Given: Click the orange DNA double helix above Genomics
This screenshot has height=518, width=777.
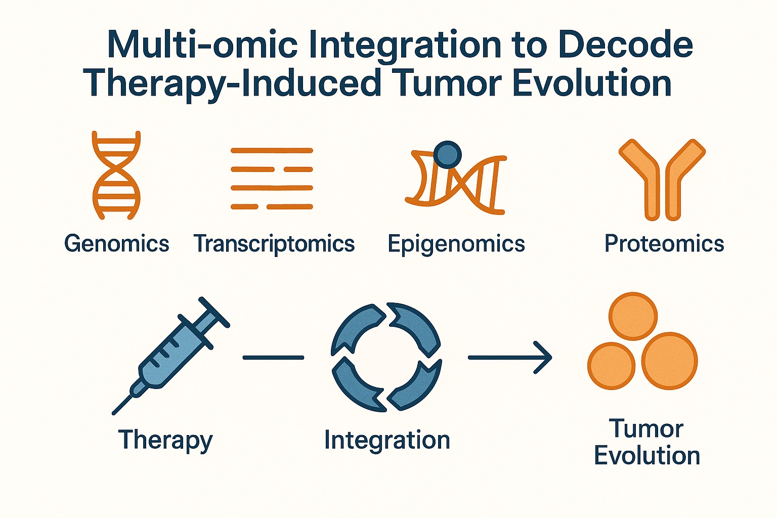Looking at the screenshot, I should [x=116, y=175].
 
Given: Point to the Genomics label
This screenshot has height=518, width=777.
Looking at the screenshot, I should [x=116, y=243].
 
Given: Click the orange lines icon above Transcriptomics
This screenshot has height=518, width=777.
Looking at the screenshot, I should [x=272, y=179].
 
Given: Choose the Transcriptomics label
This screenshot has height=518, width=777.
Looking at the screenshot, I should [x=274, y=243].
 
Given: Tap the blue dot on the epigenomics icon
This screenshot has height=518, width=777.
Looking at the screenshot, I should [x=448, y=154].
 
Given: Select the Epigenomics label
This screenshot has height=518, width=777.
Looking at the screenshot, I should [x=456, y=243].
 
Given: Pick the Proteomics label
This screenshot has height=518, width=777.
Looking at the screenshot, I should [x=664, y=243].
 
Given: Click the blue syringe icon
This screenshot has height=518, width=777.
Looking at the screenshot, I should [x=172, y=354].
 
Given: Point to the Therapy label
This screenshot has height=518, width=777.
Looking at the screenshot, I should [x=165, y=440].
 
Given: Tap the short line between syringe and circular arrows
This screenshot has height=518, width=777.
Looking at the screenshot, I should [x=273, y=358].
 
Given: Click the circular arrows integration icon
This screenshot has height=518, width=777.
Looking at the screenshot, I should [x=386, y=357].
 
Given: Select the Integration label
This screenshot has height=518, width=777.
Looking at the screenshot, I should [x=387, y=440].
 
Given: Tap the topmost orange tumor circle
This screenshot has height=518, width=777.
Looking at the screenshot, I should [x=633, y=316].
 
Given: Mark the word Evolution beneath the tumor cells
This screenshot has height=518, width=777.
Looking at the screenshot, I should [x=646, y=455].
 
